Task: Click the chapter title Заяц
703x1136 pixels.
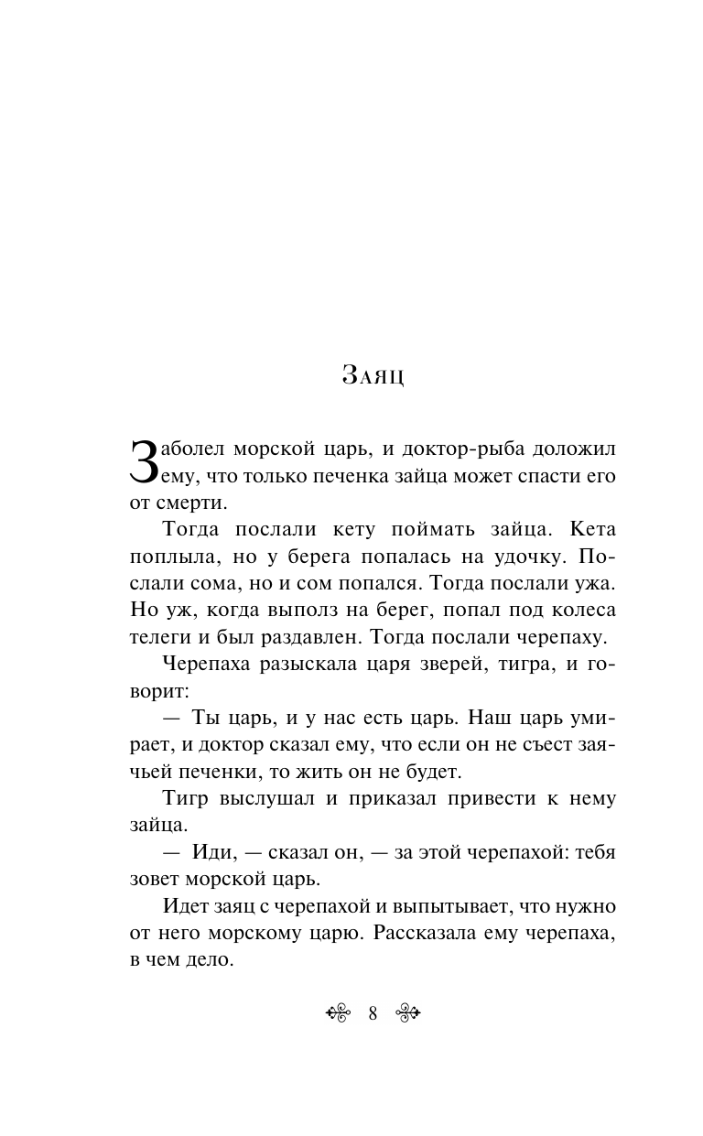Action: coord(373,375)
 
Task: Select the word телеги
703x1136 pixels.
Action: coord(159,636)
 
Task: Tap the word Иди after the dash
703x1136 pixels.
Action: coord(215,852)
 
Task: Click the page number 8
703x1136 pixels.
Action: coord(373,1012)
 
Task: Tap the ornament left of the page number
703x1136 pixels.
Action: coord(339,1012)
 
